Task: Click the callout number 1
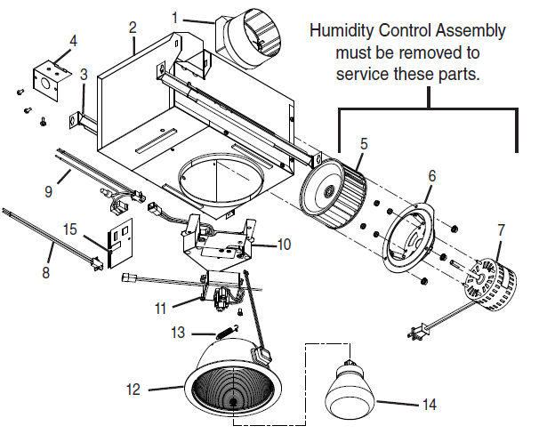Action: point(175,17)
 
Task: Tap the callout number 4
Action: point(73,40)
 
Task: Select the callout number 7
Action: point(501,229)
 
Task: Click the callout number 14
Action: point(429,405)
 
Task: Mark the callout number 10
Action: point(284,243)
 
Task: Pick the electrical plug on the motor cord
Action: point(415,334)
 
